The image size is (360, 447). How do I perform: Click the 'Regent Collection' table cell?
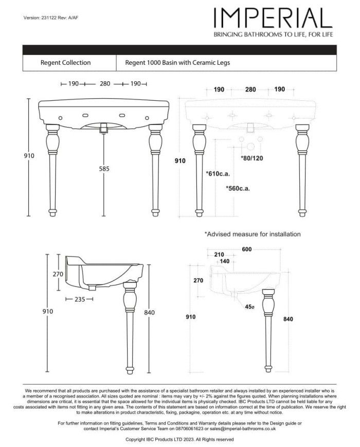(x=65, y=63)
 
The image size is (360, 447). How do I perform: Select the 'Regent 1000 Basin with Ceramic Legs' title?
(x=177, y=63)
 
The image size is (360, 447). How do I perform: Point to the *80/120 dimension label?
(x=252, y=158)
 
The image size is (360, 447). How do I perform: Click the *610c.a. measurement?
(x=218, y=173)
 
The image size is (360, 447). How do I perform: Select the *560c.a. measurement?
(x=238, y=188)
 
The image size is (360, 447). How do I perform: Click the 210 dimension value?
(x=219, y=255)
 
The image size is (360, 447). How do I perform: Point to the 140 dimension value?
(x=225, y=261)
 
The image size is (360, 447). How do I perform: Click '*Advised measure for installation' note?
(x=253, y=234)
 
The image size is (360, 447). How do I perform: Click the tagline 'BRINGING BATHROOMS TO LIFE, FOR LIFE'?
(x=273, y=34)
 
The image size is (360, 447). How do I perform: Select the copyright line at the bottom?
(x=179, y=440)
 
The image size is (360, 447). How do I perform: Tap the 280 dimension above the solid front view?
(x=105, y=83)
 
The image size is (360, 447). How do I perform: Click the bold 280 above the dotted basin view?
(x=250, y=90)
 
